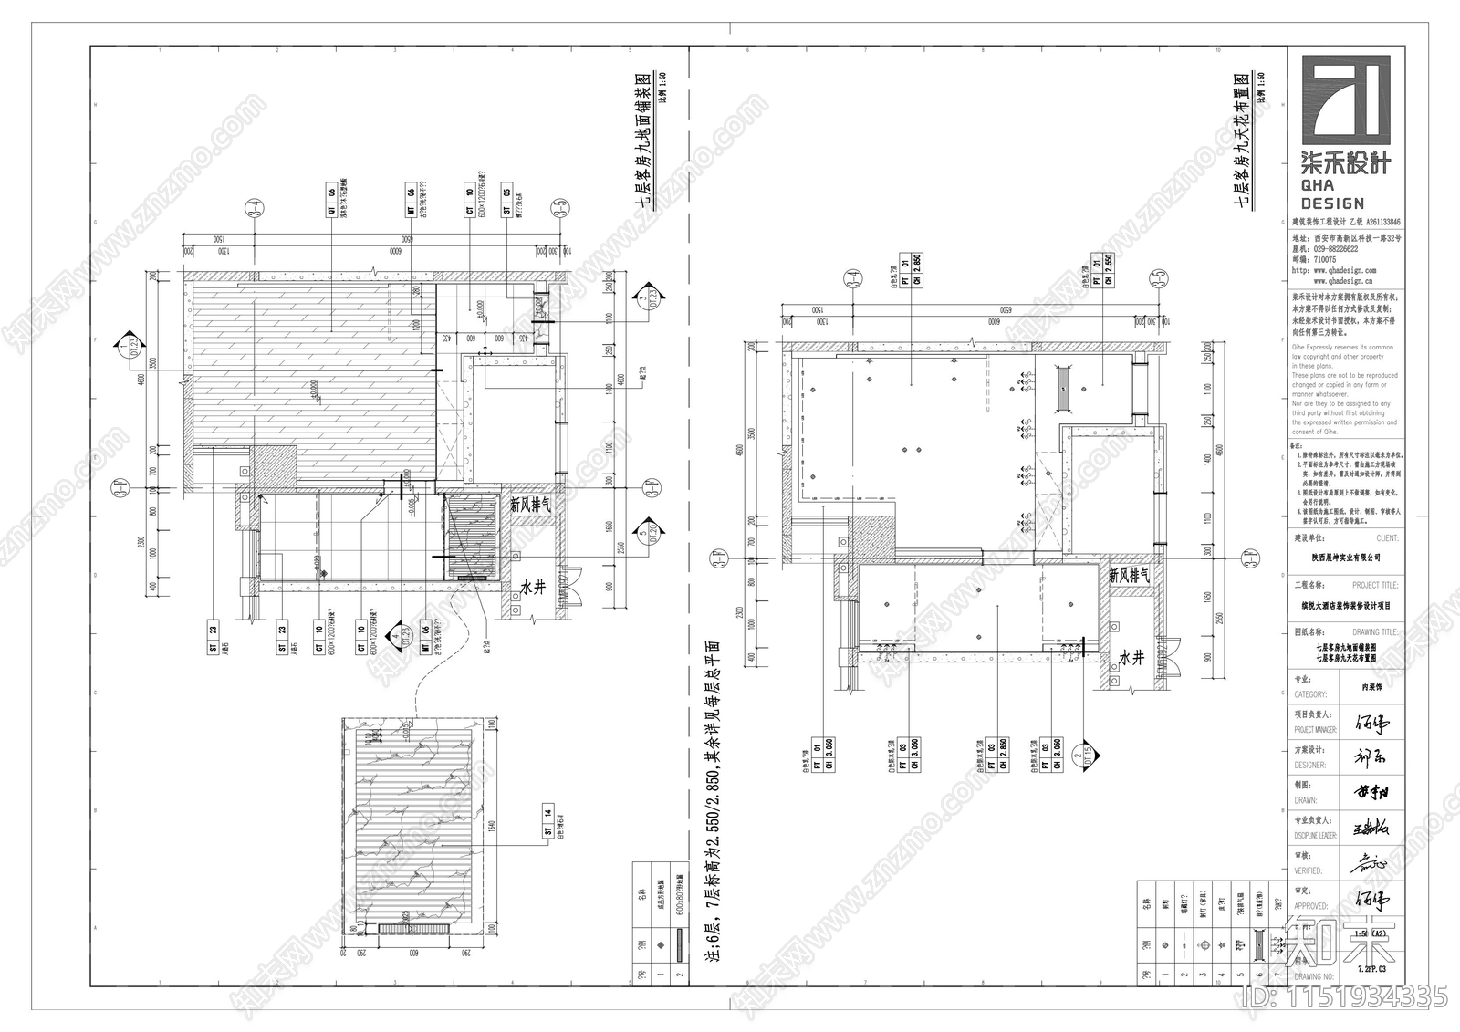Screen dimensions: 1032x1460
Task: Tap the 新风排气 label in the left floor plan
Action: (x=528, y=504)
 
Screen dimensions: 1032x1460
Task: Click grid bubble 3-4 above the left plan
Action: (x=254, y=210)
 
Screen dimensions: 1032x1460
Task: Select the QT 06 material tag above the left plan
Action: (x=330, y=202)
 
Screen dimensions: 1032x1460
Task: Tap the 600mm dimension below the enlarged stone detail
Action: (x=412, y=949)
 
